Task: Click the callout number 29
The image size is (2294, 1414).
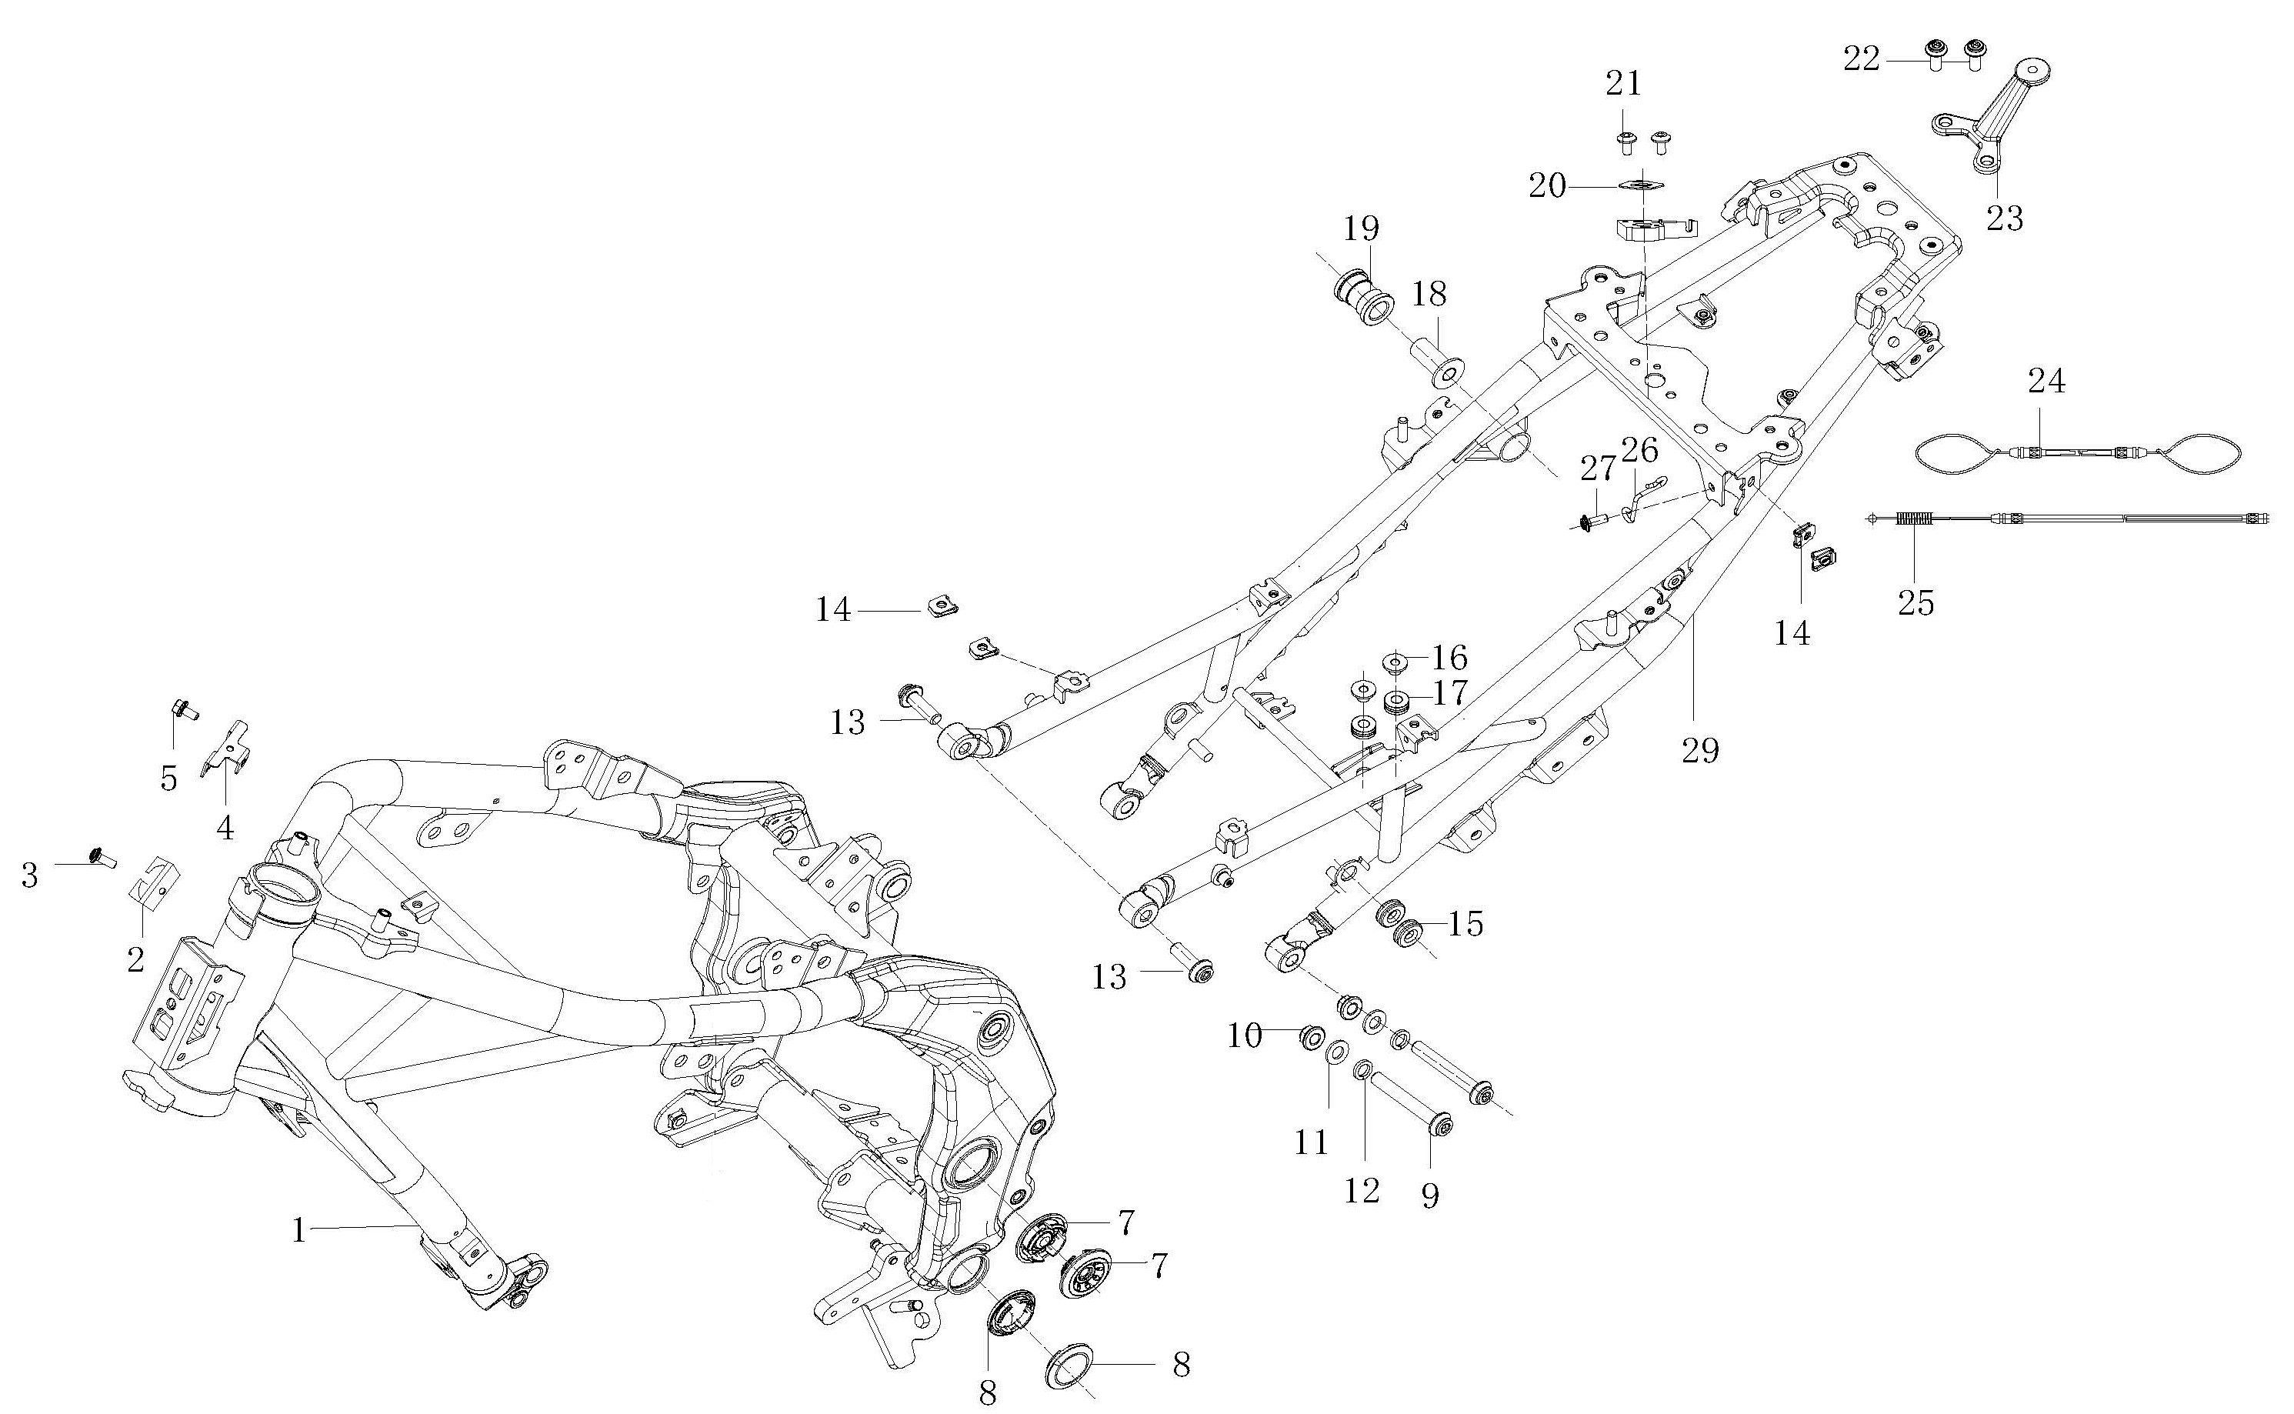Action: (x=1700, y=749)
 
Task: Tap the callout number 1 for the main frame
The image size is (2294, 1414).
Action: (x=299, y=1230)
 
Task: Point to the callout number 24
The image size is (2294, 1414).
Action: (x=2046, y=381)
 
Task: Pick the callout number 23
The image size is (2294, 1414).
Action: (x=2004, y=218)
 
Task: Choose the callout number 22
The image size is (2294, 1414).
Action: (x=1861, y=59)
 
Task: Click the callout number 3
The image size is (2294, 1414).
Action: (x=30, y=876)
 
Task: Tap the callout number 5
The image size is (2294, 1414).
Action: (x=168, y=777)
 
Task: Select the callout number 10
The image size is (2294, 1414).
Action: (x=1245, y=1035)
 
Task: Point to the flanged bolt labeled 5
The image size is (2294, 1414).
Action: (x=182, y=710)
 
